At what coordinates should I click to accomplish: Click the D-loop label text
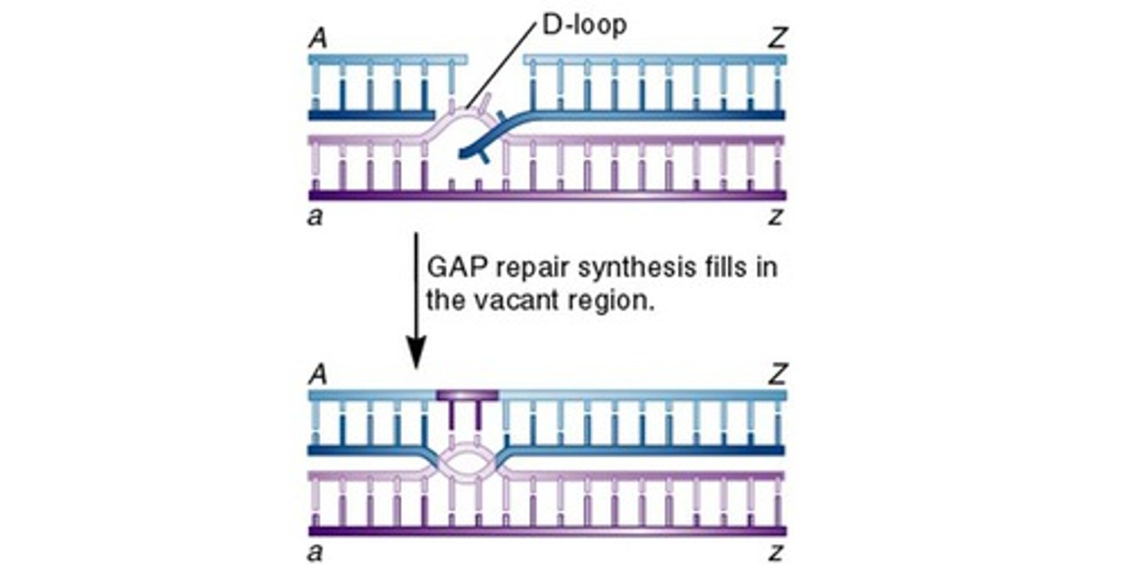(584, 26)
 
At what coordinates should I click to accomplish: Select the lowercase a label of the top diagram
(315, 216)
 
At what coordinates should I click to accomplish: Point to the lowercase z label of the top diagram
(776, 216)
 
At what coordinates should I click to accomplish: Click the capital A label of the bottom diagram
(318, 376)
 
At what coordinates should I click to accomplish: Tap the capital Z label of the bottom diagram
(776, 376)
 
